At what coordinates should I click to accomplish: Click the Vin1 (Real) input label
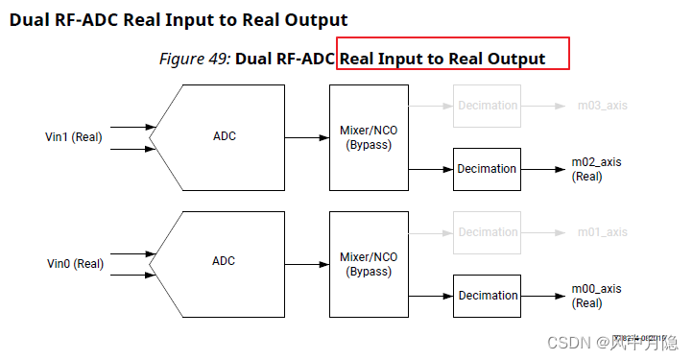pyautogui.click(x=74, y=137)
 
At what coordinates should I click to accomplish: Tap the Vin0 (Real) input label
pyautogui.click(x=75, y=264)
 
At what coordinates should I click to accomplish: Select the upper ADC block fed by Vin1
pyautogui.click(x=224, y=136)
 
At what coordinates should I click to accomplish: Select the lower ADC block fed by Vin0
pyautogui.click(x=224, y=261)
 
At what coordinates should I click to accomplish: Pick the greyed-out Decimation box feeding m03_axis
pyautogui.click(x=487, y=106)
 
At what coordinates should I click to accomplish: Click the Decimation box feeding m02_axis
pyautogui.click(x=487, y=169)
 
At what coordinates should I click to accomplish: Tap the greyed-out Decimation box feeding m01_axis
pyautogui.click(x=487, y=232)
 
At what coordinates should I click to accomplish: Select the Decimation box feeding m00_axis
pyautogui.click(x=487, y=296)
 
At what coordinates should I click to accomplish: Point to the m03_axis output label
pyautogui.click(x=602, y=106)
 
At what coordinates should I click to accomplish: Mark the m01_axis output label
pyautogui.click(x=602, y=232)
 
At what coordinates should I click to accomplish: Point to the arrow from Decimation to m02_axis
pyautogui.click(x=543, y=169)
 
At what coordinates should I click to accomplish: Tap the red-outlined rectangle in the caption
pyautogui.click(x=453, y=54)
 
